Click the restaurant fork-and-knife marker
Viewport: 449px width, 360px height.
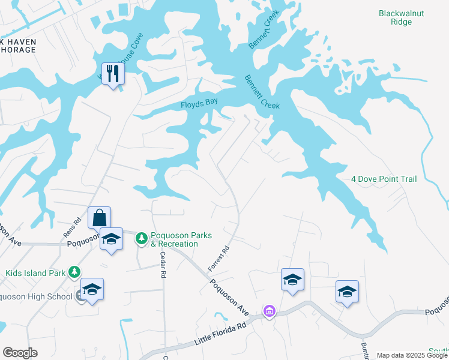[112, 74]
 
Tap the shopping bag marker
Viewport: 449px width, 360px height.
[99, 218]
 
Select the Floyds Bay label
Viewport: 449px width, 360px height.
[199, 104]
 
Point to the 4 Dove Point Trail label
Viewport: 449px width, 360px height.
[383, 179]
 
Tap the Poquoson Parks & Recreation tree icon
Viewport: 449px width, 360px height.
[142, 239]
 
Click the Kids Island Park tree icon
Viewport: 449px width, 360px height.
[74, 272]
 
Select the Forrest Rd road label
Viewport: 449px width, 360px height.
[219, 257]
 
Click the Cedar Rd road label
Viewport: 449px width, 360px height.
[162, 264]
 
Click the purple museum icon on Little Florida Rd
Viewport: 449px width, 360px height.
[270, 311]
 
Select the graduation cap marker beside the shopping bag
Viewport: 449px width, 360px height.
[111, 239]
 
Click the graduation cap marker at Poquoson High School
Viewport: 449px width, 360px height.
[92, 289]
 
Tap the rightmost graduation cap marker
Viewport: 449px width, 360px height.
[347, 292]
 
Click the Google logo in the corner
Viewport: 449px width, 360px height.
[20, 353]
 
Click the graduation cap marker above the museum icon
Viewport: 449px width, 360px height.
[292, 280]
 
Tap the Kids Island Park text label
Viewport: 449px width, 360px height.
[35, 273]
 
